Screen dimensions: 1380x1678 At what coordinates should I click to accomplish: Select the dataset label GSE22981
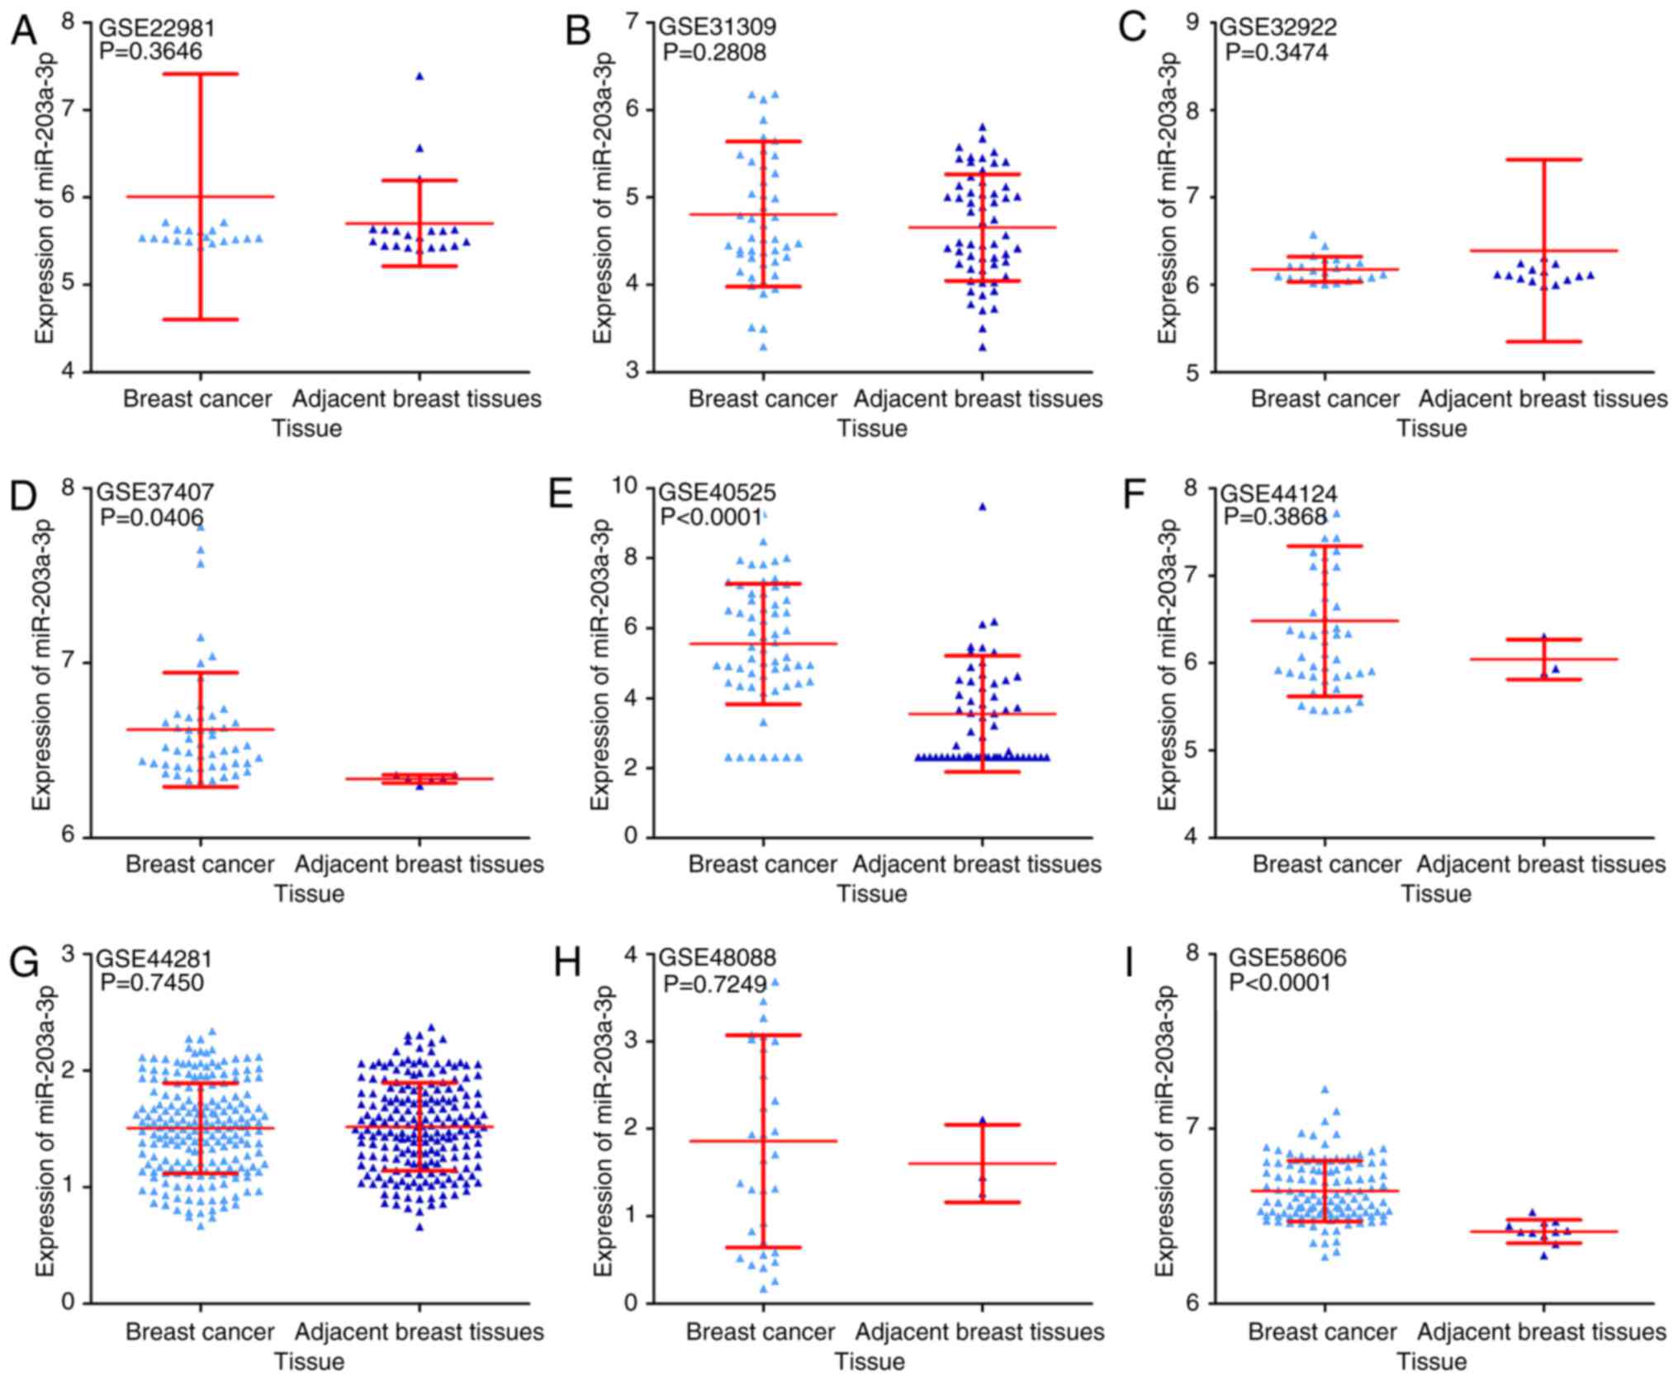point(157,28)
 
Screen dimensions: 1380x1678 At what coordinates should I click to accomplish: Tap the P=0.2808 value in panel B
point(715,53)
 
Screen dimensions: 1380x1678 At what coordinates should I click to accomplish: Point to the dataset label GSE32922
point(1278,27)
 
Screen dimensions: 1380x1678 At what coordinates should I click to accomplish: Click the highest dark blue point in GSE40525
point(983,507)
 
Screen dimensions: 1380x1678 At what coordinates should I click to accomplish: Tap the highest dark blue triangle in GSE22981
point(419,76)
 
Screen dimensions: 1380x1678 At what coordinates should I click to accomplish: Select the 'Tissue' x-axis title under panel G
point(309,1361)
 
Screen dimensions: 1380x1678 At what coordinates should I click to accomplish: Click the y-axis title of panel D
point(41,664)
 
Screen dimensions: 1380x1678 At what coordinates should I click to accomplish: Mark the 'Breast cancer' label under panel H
point(761,1332)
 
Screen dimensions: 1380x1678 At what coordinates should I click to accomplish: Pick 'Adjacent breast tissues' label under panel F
point(1542,865)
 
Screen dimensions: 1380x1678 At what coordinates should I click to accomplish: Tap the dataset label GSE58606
point(1287,957)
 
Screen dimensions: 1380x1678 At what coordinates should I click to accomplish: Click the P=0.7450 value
point(152,983)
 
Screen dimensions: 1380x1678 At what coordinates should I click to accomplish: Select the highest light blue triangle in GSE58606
point(1325,1089)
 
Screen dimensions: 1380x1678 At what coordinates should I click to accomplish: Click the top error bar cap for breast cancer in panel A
point(199,74)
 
